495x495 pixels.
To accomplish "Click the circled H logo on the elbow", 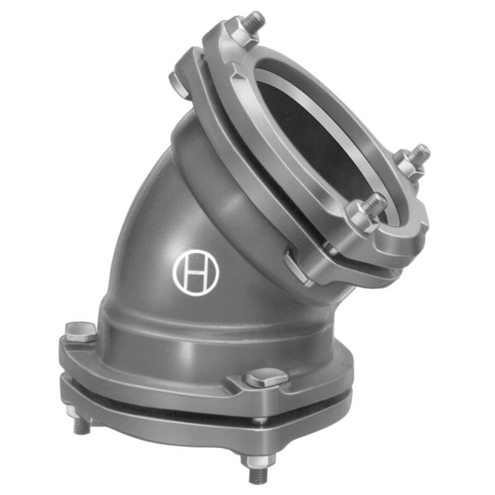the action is point(196,272).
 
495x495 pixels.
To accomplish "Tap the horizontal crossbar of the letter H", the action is point(196,273).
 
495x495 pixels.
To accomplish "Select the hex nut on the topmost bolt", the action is point(243,34).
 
